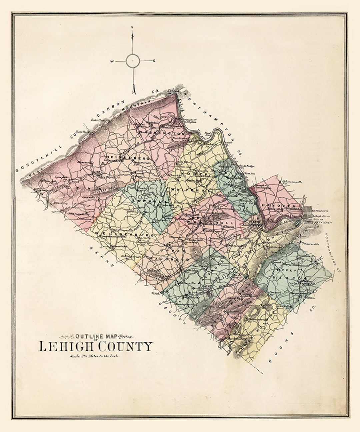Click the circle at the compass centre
(133, 61)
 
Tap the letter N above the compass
(132, 27)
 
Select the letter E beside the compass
(154, 61)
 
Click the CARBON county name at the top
(113, 109)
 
